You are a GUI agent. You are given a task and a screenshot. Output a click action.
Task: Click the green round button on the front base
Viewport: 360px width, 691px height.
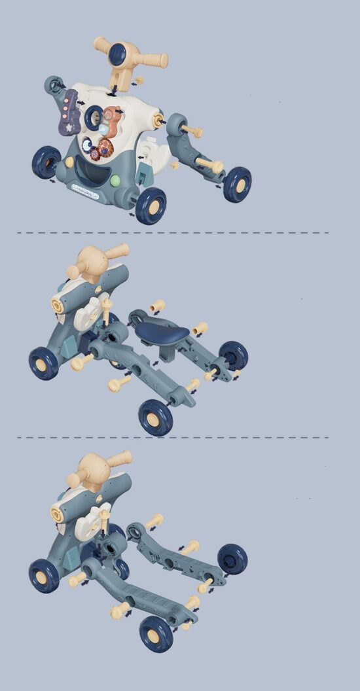point(115,181)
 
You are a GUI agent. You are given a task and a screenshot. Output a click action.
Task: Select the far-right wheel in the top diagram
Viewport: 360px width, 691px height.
point(237,184)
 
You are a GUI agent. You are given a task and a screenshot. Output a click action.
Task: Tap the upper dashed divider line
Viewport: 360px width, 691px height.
point(173,232)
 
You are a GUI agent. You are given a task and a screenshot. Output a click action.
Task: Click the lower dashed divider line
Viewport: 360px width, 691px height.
point(173,438)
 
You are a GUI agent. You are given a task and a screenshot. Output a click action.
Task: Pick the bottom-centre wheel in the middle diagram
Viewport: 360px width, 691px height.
point(156,417)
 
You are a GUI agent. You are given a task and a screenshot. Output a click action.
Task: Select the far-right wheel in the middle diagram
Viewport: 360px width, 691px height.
point(233,355)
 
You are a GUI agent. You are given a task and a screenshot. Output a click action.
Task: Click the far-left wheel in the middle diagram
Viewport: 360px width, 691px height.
point(43,363)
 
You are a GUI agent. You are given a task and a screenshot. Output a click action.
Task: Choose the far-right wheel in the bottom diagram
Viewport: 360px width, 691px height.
point(232,559)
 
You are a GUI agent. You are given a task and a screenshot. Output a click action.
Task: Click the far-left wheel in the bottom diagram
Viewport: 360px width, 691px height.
point(44,575)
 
